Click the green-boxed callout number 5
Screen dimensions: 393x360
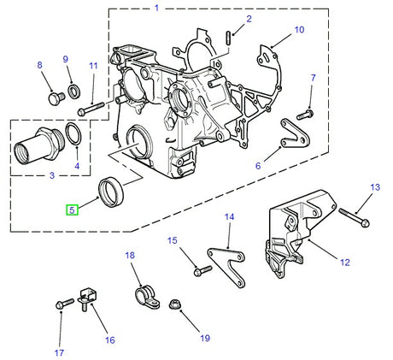(72, 210)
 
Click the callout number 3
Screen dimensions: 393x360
(52, 175)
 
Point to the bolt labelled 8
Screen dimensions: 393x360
(56, 98)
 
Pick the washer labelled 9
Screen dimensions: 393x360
(74, 91)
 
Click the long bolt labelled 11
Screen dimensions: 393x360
(91, 109)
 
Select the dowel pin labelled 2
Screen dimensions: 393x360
(229, 38)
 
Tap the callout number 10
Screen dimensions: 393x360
(299, 30)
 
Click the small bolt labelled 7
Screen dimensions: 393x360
(305, 115)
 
